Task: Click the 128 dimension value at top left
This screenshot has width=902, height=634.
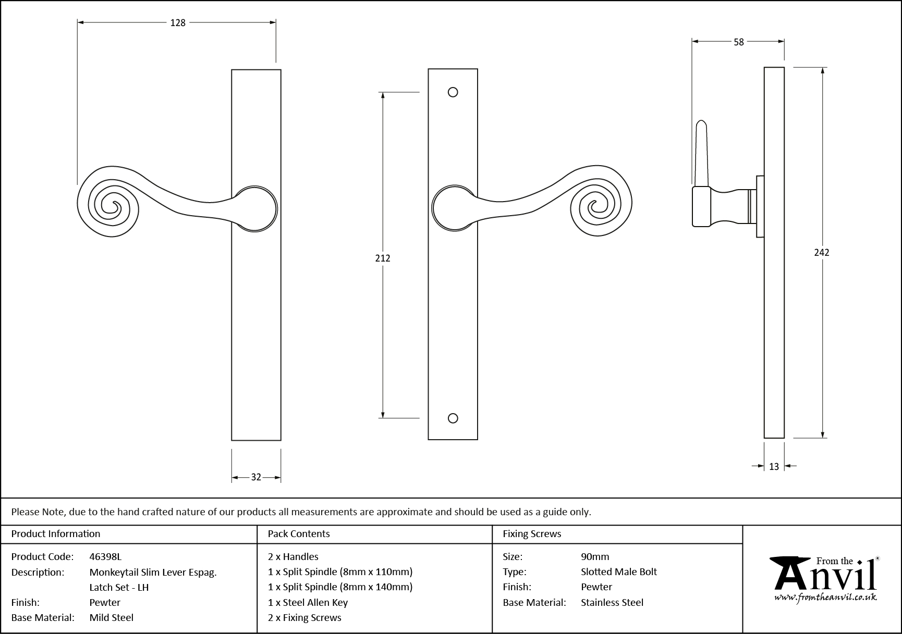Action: tap(178, 23)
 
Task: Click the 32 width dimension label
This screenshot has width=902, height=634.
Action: tap(256, 477)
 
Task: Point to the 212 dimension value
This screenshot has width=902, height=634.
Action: tap(383, 258)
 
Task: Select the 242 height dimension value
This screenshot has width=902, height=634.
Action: tap(821, 253)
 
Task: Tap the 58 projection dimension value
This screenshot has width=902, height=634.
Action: tap(738, 42)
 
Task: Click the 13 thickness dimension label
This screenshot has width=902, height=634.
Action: tap(774, 467)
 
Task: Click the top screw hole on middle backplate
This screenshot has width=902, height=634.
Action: tap(453, 92)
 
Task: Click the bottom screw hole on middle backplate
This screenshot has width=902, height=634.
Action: tap(453, 418)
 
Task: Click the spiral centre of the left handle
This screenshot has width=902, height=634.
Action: tap(111, 207)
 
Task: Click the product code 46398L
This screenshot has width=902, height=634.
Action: tap(105, 557)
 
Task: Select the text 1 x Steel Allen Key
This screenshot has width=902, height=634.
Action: tap(308, 603)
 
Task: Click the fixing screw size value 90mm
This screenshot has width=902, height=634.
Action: tap(595, 557)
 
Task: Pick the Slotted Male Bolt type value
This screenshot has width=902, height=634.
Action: tap(619, 572)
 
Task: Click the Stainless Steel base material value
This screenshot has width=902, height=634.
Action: tap(612, 603)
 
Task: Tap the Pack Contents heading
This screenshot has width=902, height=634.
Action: tap(299, 534)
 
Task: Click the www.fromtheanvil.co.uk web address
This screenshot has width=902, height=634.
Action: tap(825, 598)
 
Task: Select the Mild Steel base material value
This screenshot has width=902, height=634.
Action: tap(112, 618)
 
